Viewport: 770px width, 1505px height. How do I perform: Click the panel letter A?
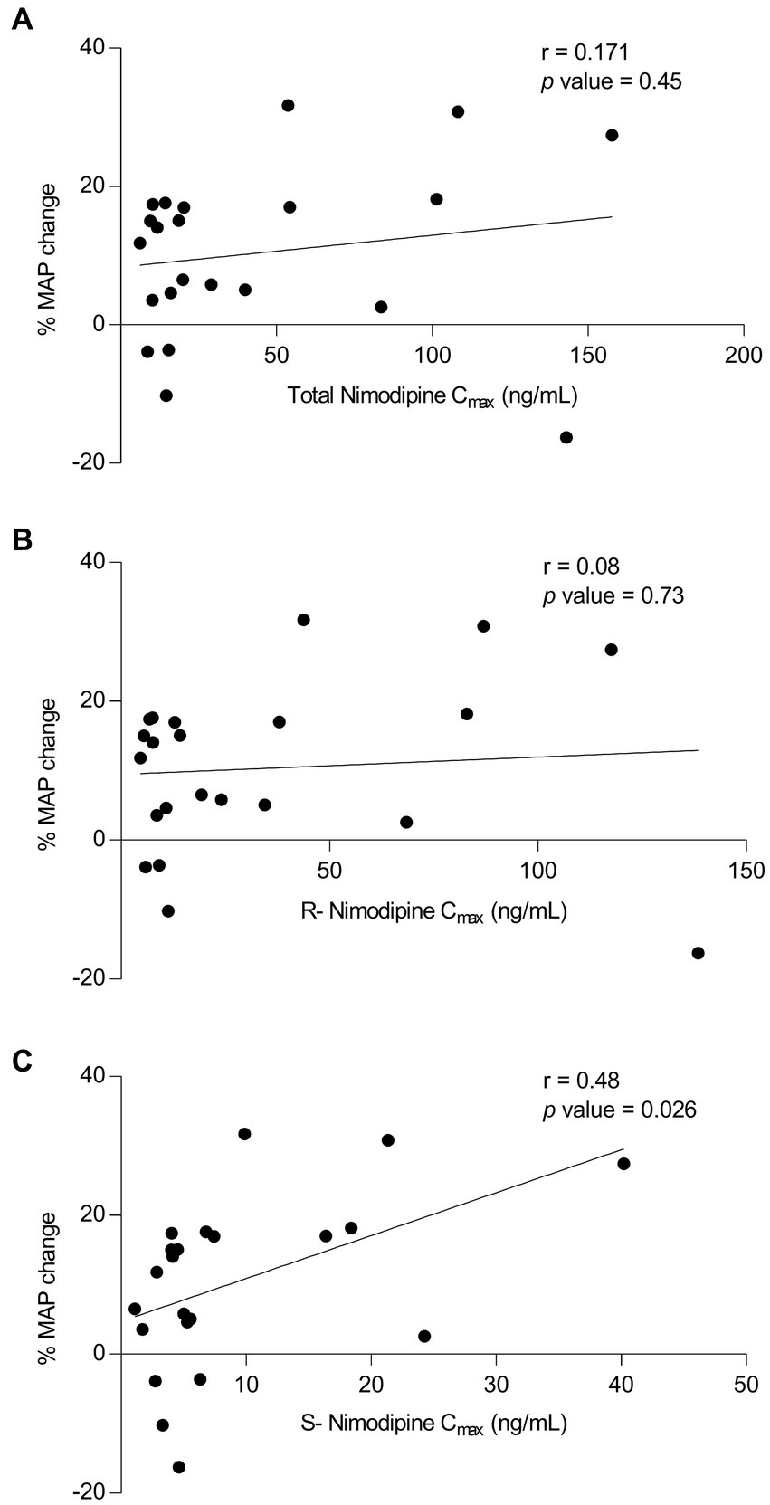pyautogui.click(x=21, y=19)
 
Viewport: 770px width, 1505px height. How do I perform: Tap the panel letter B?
pyautogui.click(x=21, y=540)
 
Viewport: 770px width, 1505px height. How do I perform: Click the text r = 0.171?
pyautogui.click(x=585, y=52)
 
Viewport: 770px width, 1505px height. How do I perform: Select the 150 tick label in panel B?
pyautogui.click(x=746, y=871)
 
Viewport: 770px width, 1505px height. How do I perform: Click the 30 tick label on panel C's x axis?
pyautogui.click(x=496, y=1386)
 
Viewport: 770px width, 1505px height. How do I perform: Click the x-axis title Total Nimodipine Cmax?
pyautogui.click(x=433, y=396)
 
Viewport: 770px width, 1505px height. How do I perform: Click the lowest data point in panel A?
pyautogui.click(x=566, y=437)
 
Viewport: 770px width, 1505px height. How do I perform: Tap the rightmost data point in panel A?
pyautogui.click(x=612, y=135)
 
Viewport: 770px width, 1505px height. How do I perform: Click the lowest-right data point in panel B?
pyautogui.click(x=698, y=953)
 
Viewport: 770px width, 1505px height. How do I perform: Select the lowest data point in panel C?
pyautogui.click(x=179, y=1467)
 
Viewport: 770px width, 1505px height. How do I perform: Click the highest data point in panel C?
pyautogui.click(x=244, y=1134)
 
